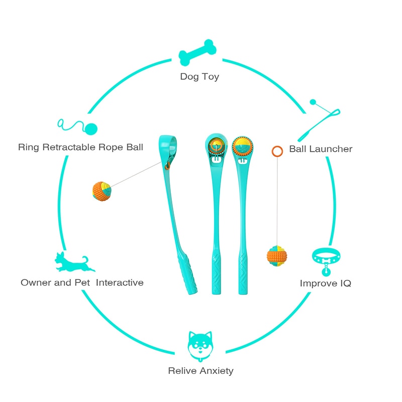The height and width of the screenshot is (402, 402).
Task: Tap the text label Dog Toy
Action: [x=199, y=77]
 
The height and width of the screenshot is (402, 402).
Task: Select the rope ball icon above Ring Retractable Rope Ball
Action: [x=77, y=127]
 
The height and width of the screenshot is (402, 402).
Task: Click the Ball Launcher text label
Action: [x=321, y=149]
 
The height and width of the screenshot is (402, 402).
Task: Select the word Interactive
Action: [x=120, y=282]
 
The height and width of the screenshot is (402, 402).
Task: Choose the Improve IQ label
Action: [x=325, y=283]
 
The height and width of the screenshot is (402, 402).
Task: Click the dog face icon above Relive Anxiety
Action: [x=199, y=346]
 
